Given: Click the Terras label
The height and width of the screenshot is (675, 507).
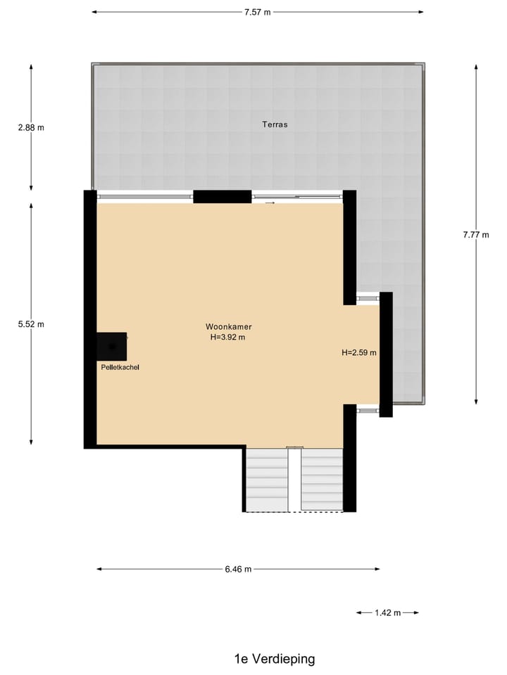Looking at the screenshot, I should pyautogui.click(x=275, y=124).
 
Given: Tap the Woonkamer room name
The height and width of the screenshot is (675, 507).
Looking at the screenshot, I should pyautogui.click(x=229, y=326).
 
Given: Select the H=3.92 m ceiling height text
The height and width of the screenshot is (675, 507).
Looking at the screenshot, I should pyautogui.click(x=229, y=337).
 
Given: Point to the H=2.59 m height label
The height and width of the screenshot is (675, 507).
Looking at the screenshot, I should pyautogui.click(x=359, y=352).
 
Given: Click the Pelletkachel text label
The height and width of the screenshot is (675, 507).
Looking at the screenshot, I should pyautogui.click(x=120, y=367).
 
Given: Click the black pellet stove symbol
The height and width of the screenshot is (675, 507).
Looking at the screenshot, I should pyautogui.click(x=112, y=346).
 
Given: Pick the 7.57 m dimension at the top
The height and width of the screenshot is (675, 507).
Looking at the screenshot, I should pyautogui.click(x=257, y=12).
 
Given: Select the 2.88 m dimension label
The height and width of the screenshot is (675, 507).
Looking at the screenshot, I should pyautogui.click(x=31, y=128).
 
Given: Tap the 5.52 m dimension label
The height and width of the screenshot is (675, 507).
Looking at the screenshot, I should pyautogui.click(x=31, y=324).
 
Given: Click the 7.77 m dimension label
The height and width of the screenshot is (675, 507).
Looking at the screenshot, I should pyautogui.click(x=476, y=235).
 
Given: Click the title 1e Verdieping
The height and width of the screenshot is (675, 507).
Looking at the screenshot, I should pyautogui.click(x=275, y=659).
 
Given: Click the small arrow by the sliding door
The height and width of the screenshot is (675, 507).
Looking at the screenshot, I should pyautogui.click(x=270, y=203).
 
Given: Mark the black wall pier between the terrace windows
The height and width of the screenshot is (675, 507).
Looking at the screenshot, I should pyautogui.click(x=223, y=197).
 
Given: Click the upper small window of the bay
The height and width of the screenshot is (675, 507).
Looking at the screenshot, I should pyautogui.click(x=368, y=298).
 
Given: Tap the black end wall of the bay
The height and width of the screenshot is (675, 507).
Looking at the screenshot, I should pyautogui.click(x=386, y=354).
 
